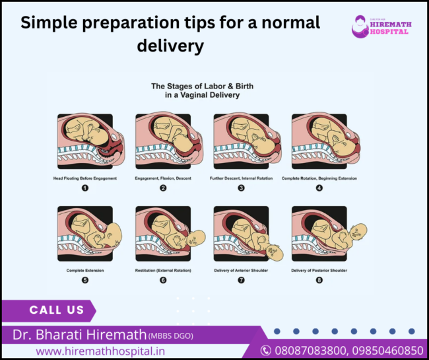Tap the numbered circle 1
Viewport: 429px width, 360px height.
pyautogui.click(x=84, y=188)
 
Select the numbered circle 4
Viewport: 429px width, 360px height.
pyautogui.click(x=319, y=188)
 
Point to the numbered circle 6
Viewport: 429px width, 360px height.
pyautogui.click(x=162, y=279)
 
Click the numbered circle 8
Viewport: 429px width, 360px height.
pyautogui.click(x=319, y=279)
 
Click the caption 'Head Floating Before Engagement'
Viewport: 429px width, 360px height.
pyautogui.click(x=84, y=178)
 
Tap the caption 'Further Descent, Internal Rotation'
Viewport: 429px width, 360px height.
pyautogui.click(x=241, y=178)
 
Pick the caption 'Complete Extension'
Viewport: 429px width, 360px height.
pyautogui.click(x=84, y=270)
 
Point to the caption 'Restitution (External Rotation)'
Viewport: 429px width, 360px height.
pyautogui.click(x=162, y=270)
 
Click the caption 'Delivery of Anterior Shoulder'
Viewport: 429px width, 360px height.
pyautogui.click(x=241, y=270)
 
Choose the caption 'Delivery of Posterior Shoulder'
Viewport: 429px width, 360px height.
pyautogui.click(x=319, y=270)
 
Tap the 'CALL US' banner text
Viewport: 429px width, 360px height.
pyautogui.click(x=57, y=310)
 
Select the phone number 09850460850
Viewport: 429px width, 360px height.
pyautogui.click(x=385, y=349)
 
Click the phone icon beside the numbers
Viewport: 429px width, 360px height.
pyautogui.click(x=265, y=350)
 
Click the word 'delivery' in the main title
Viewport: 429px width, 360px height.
pyautogui.click(x=171, y=46)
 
